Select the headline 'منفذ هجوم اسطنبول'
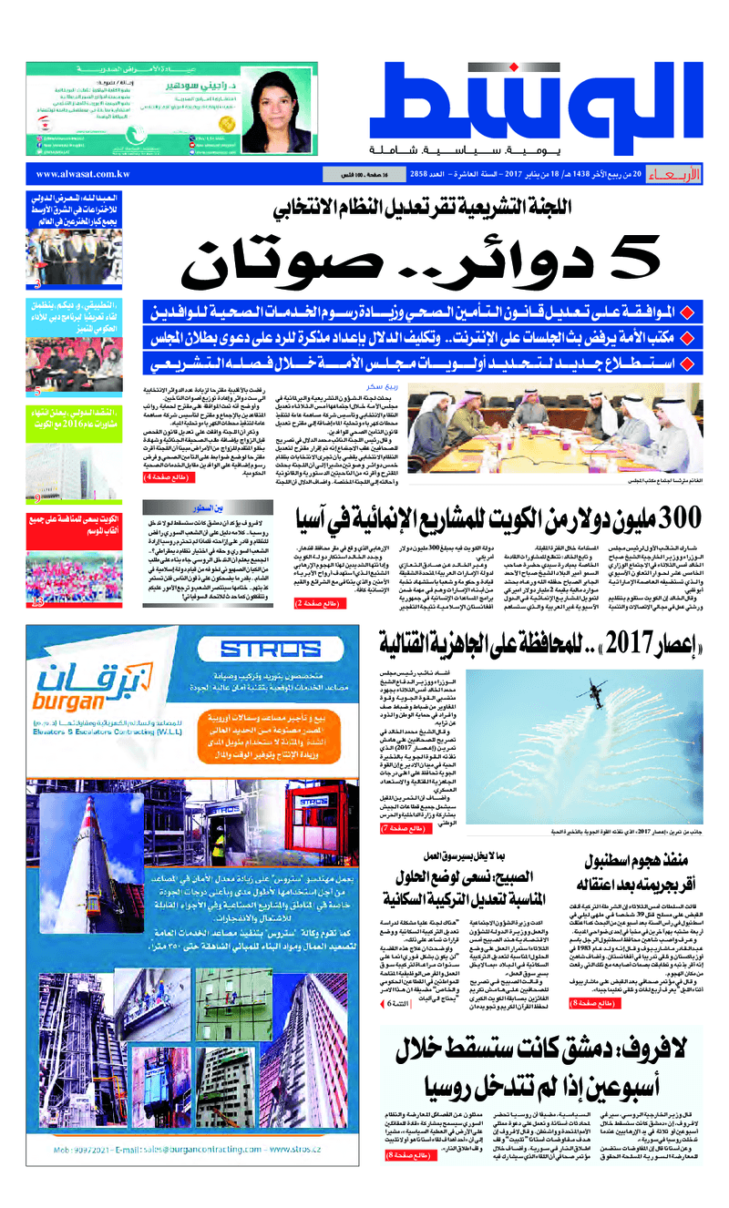(x=639, y=860)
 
